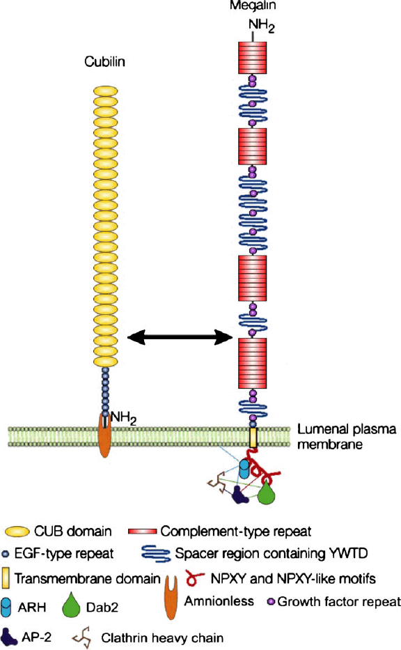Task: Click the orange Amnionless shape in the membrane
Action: pyautogui.click(x=104, y=435)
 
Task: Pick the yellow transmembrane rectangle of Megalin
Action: pyautogui.click(x=253, y=438)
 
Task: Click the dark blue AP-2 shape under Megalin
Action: pyautogui.click(x=240, y=493)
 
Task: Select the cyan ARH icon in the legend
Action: pyautogui.click(x=16, y=605)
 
